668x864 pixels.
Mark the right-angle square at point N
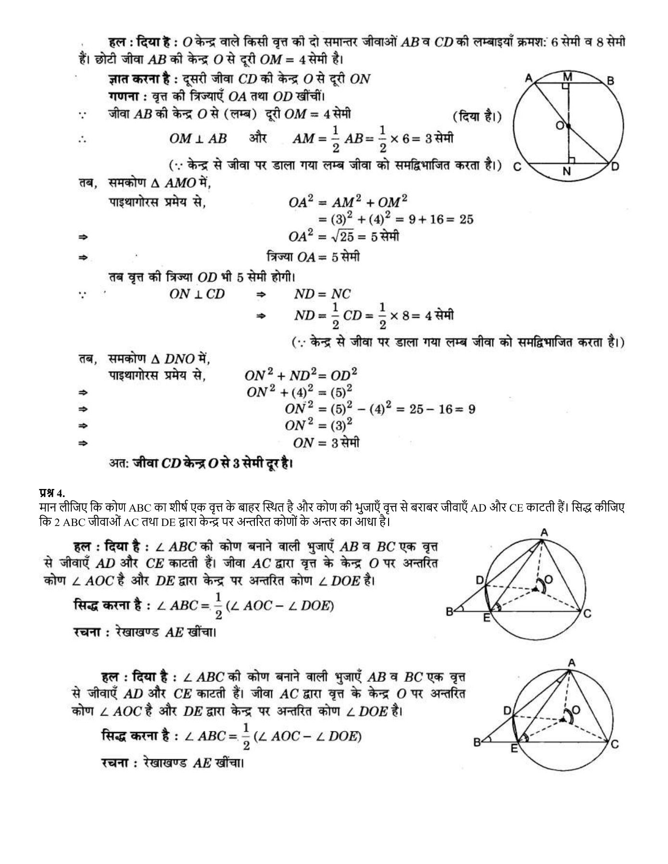click(x=571, y=159)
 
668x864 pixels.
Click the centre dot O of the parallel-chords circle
click(x=568, y=126)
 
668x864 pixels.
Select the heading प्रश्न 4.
click(x=51, y=493)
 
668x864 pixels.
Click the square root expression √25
click(x=341, y=237)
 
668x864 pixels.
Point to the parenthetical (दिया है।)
click(x=477, y=116)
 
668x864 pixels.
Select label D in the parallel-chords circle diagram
click(x=615, y=166)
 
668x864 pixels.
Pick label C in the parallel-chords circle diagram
click(x=518, y=167)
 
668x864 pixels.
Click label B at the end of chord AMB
click(x=611, y=81)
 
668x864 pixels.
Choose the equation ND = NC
click(x=323, y=294)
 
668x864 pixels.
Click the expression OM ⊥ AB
click(x=198, y=139)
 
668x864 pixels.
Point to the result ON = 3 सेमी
click(x=326, y=443)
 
